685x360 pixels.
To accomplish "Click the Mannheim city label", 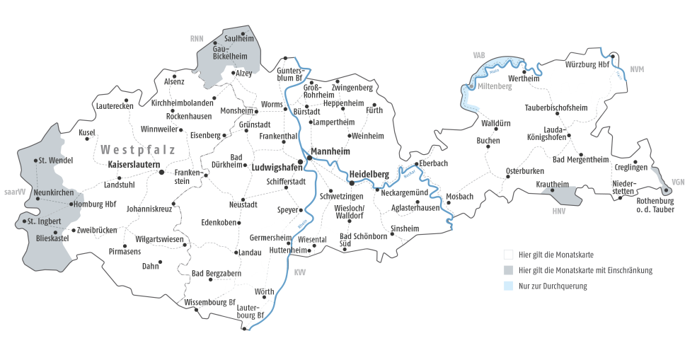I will (332, 151).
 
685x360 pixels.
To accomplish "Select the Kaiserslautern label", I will (134, 164).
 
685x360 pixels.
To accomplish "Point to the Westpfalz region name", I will (138, 149).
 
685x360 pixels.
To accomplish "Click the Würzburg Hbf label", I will (587, 64).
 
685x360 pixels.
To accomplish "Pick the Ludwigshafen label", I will (272, 168).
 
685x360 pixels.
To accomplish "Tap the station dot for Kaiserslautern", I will (161, 172).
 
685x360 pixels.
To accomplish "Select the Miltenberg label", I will (494, 86).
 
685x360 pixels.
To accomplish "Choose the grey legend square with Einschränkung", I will (507, 270).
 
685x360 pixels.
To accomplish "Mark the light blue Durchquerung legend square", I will (507, 286).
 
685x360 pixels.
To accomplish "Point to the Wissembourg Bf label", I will (209, 302).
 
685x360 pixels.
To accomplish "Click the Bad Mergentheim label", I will (580, 159).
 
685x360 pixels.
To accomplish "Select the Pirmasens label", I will (125, 251).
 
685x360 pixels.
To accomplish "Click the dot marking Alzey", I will (233, 73).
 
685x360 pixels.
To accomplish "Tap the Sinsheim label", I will (405, 228).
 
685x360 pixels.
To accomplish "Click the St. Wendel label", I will (56, 160).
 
